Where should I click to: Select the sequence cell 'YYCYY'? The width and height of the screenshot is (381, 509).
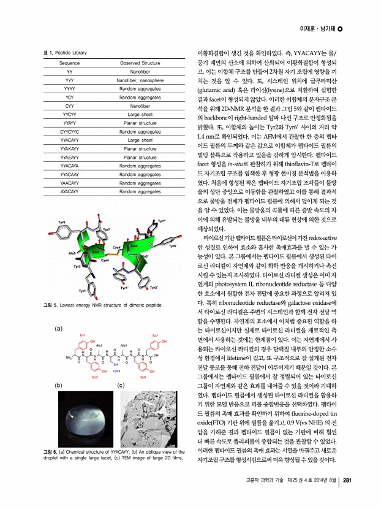point(69,114)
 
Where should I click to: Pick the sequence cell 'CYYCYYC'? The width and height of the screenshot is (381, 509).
point(69,131)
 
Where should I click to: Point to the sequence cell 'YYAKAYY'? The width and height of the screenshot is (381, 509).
point(69,148)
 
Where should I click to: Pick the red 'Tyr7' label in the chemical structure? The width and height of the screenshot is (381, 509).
point(154,337)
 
